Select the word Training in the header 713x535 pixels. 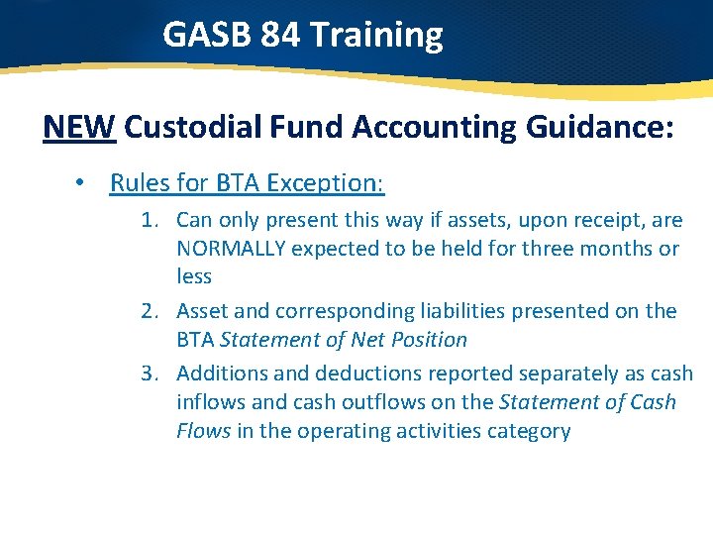[376, 35]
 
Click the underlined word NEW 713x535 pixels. [79, 128]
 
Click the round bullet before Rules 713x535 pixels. [91, 183]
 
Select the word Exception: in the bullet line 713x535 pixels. [328, 183]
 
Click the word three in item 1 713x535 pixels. [545, 248]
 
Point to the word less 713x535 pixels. [194, 276]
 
